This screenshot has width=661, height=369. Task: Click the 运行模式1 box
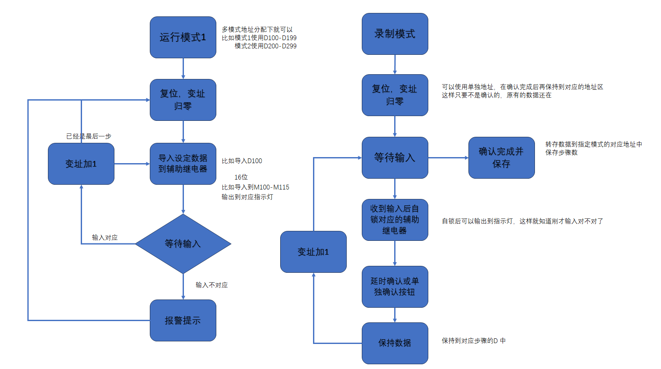(x=183, y=38)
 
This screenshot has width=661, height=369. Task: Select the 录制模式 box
(x=395, y=34)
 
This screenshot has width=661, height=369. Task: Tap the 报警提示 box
(x=183, y=320)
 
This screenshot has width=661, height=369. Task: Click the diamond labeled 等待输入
(x=183, y=244)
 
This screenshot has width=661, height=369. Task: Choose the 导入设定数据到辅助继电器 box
(x=183, y=164)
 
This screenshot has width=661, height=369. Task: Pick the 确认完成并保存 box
(x=501, y=158)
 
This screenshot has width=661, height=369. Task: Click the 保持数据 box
(x=395, y=343)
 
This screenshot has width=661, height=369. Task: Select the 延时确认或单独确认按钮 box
(x=395, y=287)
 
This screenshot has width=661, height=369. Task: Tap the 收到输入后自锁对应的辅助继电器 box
(x=395, y=220)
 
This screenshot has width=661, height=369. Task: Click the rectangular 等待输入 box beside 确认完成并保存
(x=395, y=158)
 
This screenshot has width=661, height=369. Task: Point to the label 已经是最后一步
(x=89, y=136)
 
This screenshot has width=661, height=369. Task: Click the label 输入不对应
(x=212, y=285)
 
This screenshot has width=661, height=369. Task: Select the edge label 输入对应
(x=104, y=237)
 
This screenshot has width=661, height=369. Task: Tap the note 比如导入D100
(x=242, y=161)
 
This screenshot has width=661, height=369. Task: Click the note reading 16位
(x=241, y=177)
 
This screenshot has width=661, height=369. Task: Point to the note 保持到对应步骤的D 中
(x=474, y=341)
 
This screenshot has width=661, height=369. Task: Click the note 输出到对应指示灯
(x=247, y=197)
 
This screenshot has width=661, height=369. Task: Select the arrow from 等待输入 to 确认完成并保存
(x=448, y=158)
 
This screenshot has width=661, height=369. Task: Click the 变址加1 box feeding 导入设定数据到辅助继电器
(x=81, y=164)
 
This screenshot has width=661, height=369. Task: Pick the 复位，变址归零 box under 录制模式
(x=395, y=95)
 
